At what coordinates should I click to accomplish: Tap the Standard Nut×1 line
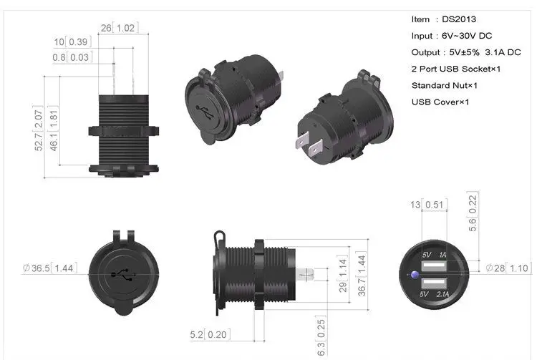(x=445, y=85)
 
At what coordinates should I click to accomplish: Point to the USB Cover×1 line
(x=440, y=102)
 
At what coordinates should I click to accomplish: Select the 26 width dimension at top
(x=106, y=28)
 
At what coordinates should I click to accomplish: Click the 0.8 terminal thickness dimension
(x=59, y=57)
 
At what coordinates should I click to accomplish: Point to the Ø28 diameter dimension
(x=495, y=268)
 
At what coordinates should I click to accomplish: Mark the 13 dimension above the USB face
(x=415, y=205)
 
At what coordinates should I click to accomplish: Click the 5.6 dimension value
(x=471, y=224)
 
